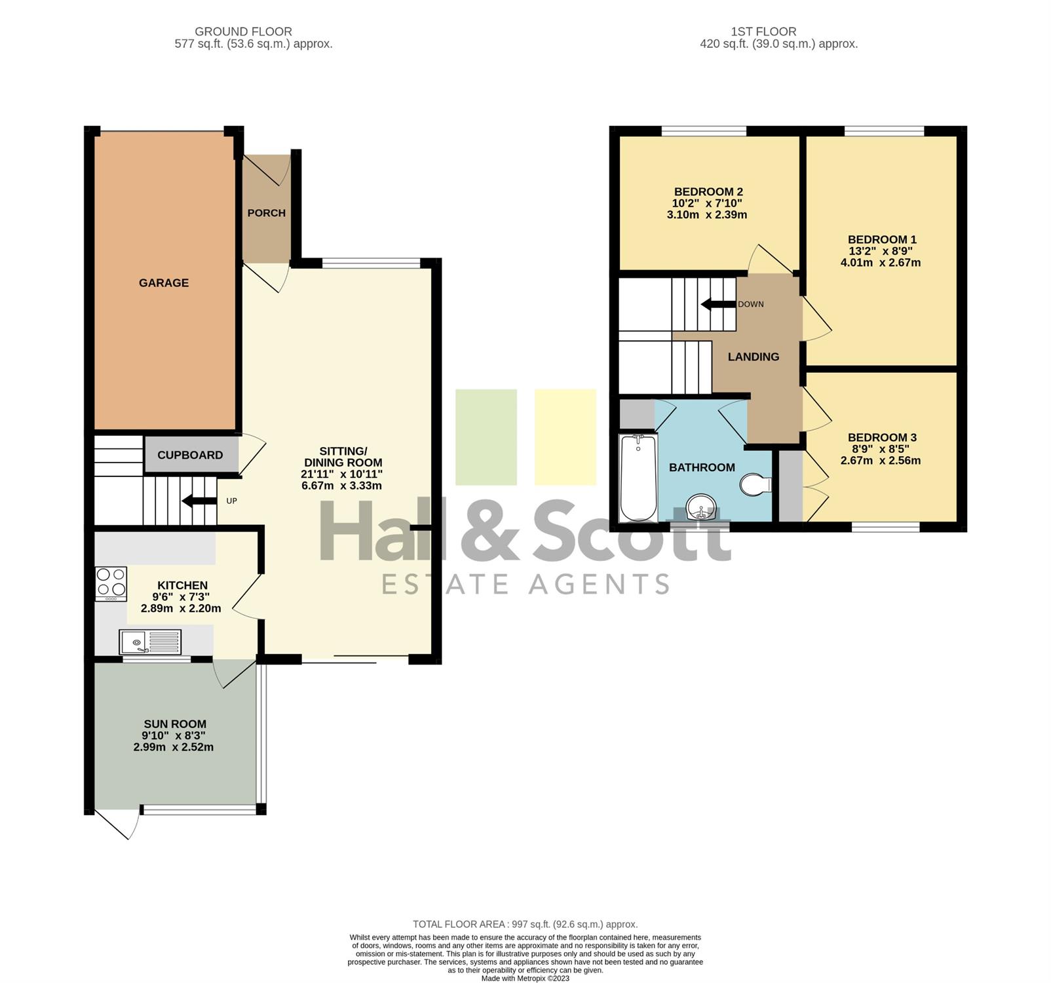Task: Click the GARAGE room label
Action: [x=164, y=282]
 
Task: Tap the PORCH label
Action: [x=267, y=213]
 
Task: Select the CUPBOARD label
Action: [x=190, y=455]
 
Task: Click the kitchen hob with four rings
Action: [x=111, y=583]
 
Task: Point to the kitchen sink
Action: [x=150, y=642]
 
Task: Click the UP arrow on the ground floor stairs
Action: [x=199, y=501]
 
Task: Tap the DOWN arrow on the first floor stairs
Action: [x=718, y=304]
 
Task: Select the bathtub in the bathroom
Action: [x=638, y=478]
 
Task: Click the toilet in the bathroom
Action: [x=755, y=485]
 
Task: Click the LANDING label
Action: [x=754, y=357]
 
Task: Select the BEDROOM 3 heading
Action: [x=882, y=437]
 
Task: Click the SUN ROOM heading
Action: [x=175, y=723]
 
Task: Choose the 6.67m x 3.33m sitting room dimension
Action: [x=341, y=486]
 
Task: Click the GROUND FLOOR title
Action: [x=244, y=31]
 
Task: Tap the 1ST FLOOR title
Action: [x=764, y=31]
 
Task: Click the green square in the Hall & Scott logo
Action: [x=486, y=437]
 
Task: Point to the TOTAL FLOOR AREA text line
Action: [x=525, y=924]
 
